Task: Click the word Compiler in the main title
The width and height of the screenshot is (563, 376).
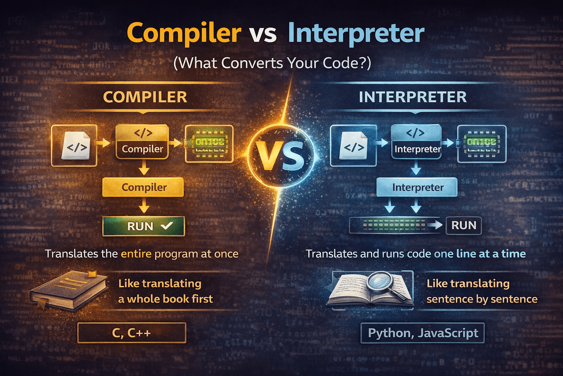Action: pyautogui.click(x=184, y=33)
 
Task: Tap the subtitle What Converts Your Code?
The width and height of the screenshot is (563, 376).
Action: pyautogui.click(x=272, y=63)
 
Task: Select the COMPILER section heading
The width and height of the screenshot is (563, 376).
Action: pyautogui.click(x=145, y=97)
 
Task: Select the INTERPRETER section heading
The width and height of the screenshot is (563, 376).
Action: pyautogui.click(x=413, y=97)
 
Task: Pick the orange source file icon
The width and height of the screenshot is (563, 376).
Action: pyautogui.click(x=76, y=146)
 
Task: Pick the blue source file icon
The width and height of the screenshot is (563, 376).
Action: pyautogui.click(x=353, y=146)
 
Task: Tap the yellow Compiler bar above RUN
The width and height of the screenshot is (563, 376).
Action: pyautogui.click(x=143, y=187)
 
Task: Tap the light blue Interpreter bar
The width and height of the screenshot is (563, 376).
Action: pyautogui.click(x=417, y=187)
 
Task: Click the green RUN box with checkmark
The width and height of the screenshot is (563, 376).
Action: pyautogui.click(x=144, y=226)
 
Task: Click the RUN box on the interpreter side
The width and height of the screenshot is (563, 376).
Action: pyautogui.click(x=464, y=225)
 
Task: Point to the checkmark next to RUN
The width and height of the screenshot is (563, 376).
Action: pyautogui.click(x=166, y=226)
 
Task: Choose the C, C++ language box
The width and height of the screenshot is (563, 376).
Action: pyautogui.click(x=132, y=333)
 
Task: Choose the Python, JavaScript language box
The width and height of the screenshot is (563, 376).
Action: pyautogui.click(x=423, y=333)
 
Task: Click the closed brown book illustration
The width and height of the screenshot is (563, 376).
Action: pyautogui.click(x=68, y=290)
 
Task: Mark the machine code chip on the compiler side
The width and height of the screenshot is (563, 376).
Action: pyautogui.click(x=209, y=144)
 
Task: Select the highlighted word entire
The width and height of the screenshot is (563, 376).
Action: pyautogui.click(x=136, y=254)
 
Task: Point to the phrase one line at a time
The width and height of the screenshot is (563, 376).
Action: pyautogui.click(x=480, y=254)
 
